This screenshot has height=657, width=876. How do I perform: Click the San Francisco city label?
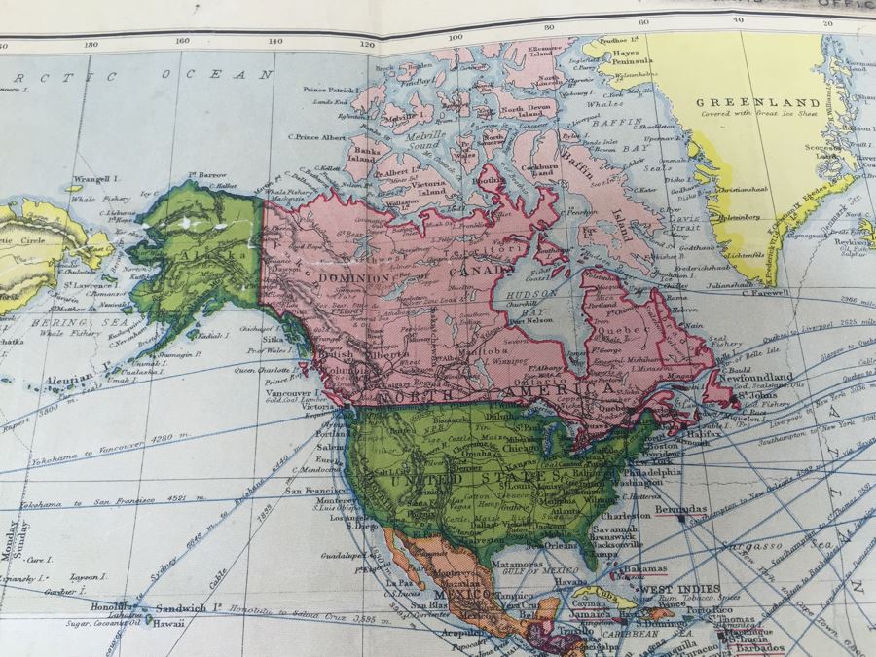pos(311,493)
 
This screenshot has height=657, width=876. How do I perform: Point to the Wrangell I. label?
pos(93,180)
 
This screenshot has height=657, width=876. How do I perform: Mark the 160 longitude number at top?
pos(181,42)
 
